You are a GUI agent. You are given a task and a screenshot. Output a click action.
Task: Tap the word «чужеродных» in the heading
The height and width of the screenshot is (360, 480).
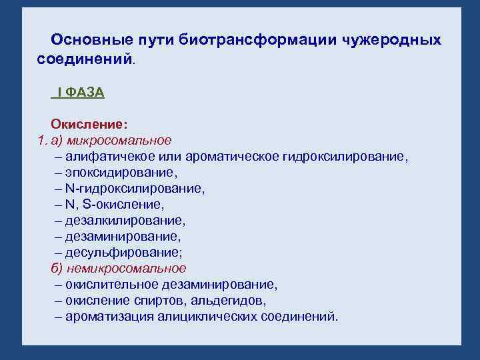(393, 41)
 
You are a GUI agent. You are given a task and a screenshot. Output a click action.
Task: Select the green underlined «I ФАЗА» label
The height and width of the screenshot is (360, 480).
(78, 93)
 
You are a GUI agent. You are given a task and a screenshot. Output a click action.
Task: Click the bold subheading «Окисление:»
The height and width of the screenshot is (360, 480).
(89, 125)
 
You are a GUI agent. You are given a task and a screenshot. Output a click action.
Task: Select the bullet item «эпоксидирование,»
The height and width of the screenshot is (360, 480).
(121, 173)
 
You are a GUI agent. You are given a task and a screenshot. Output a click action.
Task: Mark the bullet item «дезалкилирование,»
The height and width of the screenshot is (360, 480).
(125, 221)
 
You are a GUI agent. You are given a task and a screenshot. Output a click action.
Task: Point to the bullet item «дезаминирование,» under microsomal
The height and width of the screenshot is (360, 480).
(123, 237)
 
